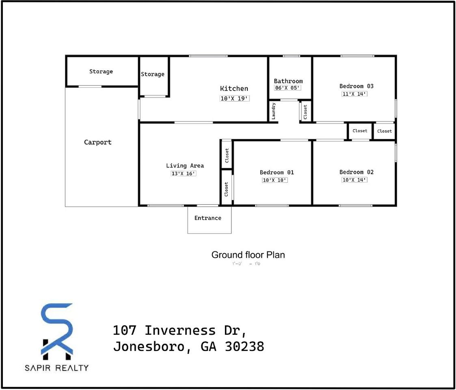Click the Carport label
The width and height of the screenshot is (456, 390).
pyautogui.click(x=97, y=142)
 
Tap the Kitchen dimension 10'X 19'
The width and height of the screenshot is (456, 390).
pyautogui.click(x=234, y=98)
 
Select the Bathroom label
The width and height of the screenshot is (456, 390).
pyautogui.click(x=288, y=81)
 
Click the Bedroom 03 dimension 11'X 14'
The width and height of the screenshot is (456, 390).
pyautogui.click(x=354, y=94)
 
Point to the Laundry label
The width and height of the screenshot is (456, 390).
pyautogui.click(x=274, y=111)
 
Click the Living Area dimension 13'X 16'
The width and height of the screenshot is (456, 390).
pyautogui.click(x=184, y=173)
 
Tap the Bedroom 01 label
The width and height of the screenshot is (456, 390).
pyautogui.click(x=277, y=172)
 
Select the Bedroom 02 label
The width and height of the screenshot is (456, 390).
pyautogui.click(x=357, y=172)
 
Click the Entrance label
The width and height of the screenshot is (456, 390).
pyautogui.click(x=207, y=218)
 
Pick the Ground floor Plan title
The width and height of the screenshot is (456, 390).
pyautogui.click(x=248, y=255)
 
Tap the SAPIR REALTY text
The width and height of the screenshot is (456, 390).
pyautogui.click(x=57, y=368)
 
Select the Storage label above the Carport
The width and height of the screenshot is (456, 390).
pyautogui.click(x=101, y=71)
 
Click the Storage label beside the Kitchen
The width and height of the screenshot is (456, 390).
pyautogui.click(x=153, y=74)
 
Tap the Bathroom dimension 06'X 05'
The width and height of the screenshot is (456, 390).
pyautogui.click(x=287, y=88)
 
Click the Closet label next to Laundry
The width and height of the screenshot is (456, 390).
pyautogui.click(x=305, y=111)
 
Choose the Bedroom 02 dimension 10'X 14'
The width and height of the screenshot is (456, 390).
pyautogui.click(x=354, y=180)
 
